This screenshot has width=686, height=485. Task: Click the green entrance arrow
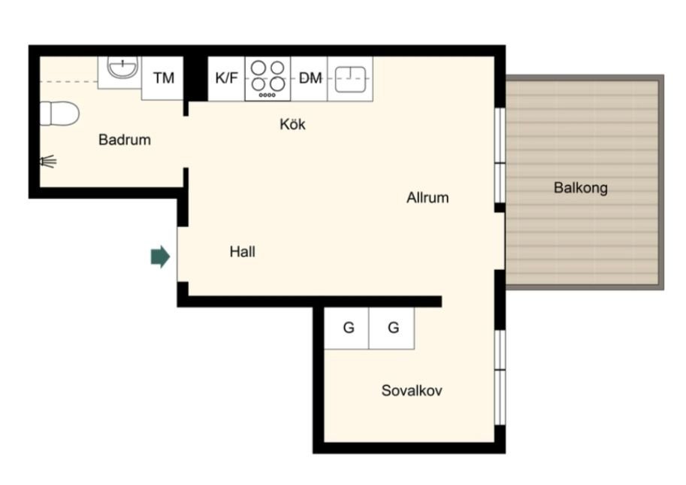160,256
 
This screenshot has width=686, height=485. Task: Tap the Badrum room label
125,140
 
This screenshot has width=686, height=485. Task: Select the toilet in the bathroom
59,114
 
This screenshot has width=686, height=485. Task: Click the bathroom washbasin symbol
123,68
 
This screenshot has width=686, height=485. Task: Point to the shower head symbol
49,162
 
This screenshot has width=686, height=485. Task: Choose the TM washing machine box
163,78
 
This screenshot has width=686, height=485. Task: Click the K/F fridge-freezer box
226,78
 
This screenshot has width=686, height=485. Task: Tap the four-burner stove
267,79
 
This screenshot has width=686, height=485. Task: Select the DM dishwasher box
310,78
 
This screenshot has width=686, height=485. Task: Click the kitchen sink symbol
350,79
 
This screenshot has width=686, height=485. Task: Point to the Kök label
292,124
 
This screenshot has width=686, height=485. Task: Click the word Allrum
428,198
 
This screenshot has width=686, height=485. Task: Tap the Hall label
243,252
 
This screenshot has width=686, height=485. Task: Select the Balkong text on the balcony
581,188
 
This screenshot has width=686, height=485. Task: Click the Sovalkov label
412,390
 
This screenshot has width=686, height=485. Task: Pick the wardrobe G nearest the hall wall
347,328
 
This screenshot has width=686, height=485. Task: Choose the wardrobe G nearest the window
392,328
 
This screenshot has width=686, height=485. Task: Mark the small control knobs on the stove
267,95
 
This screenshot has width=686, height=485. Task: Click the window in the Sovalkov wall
500,377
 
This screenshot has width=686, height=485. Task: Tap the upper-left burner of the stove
258,68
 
